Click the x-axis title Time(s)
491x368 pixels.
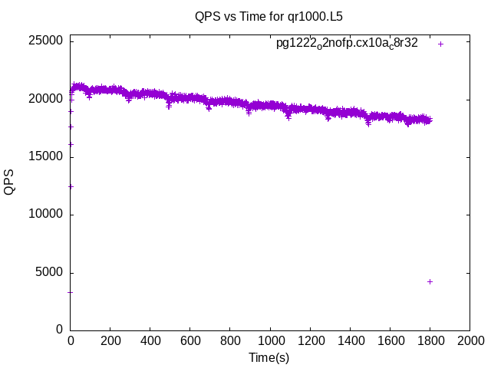pyautogui.click(x=269, y=357)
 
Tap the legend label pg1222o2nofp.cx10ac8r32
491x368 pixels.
pyautogui.click(x=347, y=44)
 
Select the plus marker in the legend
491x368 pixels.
pyautogui.click(x=440, y=44)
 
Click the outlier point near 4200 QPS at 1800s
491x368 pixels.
pyautogui.click(x=430, y=281)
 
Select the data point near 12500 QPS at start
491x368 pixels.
pyautogui.click(x=71, y=186)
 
